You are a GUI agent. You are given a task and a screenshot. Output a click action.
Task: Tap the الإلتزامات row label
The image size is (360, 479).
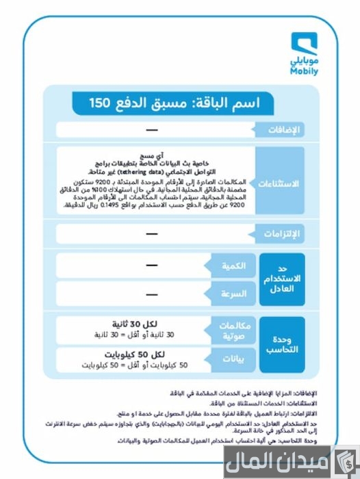click(x=281, y=235)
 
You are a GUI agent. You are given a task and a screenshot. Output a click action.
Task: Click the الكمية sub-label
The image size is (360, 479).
click(x=229, y=266)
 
